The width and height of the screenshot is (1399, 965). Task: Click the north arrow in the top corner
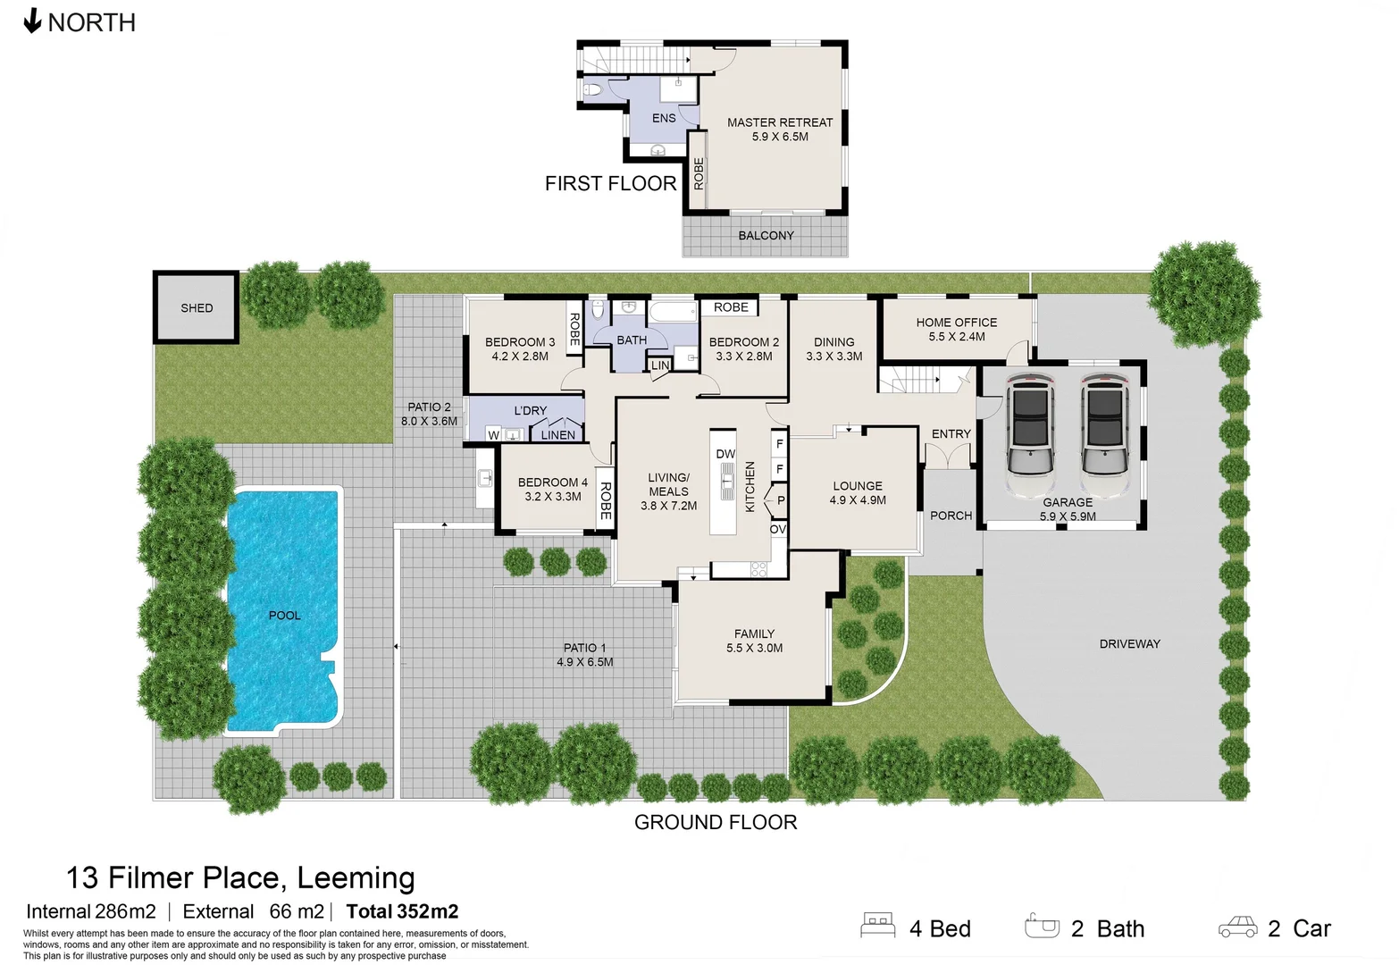pos(32,21)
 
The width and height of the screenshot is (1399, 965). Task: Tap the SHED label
pos(197,308)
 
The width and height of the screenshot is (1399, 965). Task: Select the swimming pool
pos(283,614)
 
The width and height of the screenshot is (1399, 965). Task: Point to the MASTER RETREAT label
pos(779,122)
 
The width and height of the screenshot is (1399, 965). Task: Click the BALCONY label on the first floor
pos(766,236)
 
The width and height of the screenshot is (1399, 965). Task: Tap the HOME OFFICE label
pos(956,323)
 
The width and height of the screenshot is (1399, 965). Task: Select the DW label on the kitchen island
pos(725,454)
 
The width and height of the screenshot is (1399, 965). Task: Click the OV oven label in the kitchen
pos(778,530)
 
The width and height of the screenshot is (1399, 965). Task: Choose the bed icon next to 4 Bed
pos(877,926)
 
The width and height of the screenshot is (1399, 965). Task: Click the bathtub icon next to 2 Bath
pos(1042,926)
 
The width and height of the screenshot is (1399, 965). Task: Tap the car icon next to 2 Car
pos(1237,927)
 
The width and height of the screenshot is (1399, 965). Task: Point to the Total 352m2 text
pos(402,911)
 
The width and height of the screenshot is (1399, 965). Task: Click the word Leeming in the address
pos(356,878)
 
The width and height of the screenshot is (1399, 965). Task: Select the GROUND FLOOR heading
pos(716,822)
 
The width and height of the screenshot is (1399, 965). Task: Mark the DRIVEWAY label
pos(1129,643)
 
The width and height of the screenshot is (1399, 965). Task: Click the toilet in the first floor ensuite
pos(594,89)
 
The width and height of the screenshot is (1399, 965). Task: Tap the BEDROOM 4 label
pos(553,482)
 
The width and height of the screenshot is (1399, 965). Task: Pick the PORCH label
pos(951,516)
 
